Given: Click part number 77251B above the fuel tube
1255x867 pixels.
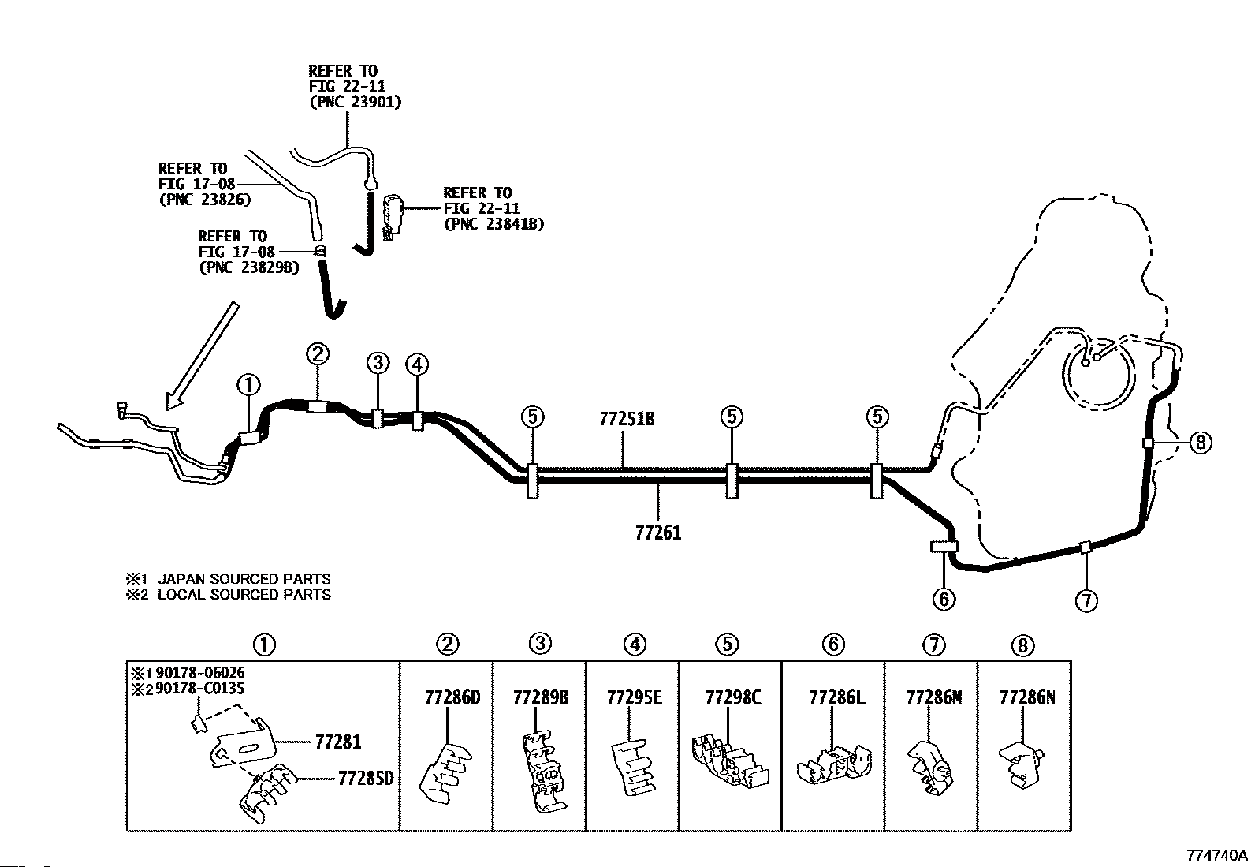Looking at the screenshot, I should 627,419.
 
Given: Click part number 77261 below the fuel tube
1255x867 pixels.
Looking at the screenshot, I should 657,533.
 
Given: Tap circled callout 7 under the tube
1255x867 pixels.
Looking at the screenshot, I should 1086,601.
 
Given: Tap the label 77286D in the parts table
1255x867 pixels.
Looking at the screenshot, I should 452,697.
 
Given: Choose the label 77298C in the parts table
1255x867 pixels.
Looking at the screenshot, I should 733,697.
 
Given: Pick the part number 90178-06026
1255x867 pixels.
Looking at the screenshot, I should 200,673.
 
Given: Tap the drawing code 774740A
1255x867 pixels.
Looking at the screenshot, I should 1218,855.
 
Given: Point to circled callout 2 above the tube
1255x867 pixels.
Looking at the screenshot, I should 318,353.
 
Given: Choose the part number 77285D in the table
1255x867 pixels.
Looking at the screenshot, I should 365,779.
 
